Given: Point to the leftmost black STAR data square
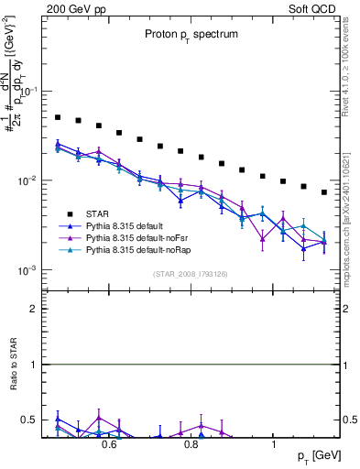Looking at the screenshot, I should [58, 117].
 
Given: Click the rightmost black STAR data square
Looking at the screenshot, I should [324, 192].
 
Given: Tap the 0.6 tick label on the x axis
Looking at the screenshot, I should [108, 445].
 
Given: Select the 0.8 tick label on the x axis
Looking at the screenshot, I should [191, 445].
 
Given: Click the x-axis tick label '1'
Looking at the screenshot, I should [274, 445].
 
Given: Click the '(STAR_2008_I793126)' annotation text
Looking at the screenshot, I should [190, 274].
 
